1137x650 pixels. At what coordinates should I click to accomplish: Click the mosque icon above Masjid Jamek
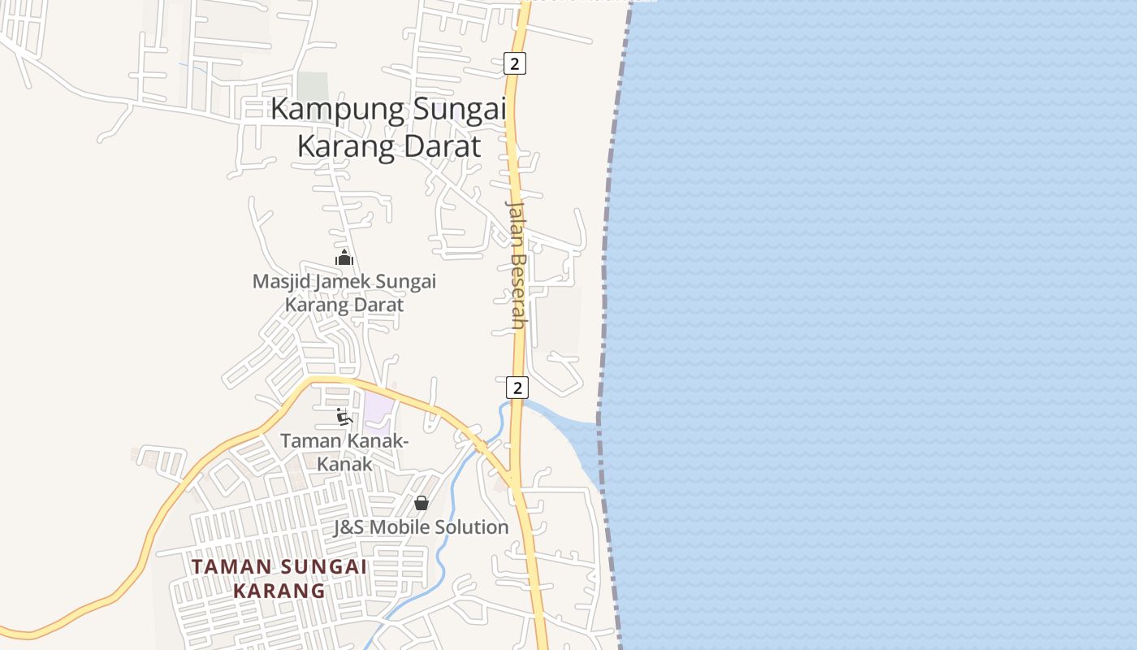344,258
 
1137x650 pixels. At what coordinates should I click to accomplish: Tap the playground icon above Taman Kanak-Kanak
344,418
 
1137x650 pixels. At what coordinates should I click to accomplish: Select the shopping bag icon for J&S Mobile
421,504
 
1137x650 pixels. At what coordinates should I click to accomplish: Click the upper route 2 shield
514,63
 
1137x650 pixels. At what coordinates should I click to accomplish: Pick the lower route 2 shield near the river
517,387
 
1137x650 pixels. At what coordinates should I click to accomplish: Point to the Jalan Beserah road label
517,264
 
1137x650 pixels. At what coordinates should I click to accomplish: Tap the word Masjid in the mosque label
279,282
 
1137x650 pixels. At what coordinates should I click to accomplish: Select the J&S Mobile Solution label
421,527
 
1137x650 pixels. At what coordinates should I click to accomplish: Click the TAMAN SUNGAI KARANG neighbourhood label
279,578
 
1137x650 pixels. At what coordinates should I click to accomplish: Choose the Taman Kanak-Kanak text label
344,452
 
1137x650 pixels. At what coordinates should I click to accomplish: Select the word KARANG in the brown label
279,591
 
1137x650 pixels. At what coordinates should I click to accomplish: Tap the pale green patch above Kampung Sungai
313,86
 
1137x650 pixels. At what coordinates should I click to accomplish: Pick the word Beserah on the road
517,289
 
